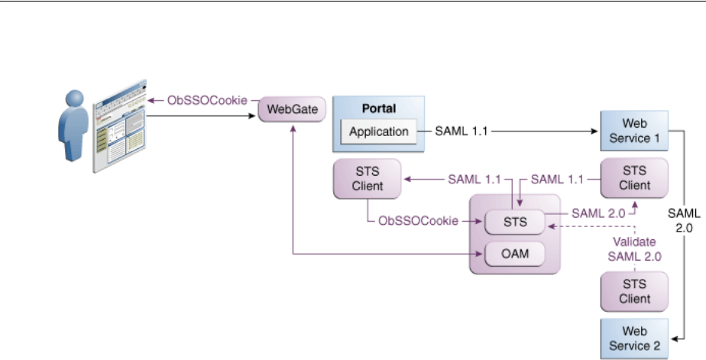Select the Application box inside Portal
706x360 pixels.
pos(379,131)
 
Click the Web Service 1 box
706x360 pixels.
pos(634,131)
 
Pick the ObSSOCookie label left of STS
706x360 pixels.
pos(419,220)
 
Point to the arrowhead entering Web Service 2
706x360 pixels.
pos(673,338)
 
